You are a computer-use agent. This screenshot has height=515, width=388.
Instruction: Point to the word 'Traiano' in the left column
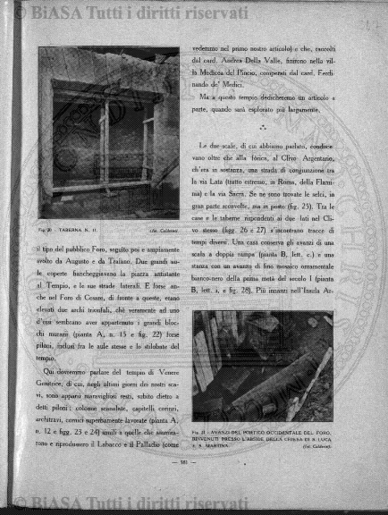click(x=139, y=255)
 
